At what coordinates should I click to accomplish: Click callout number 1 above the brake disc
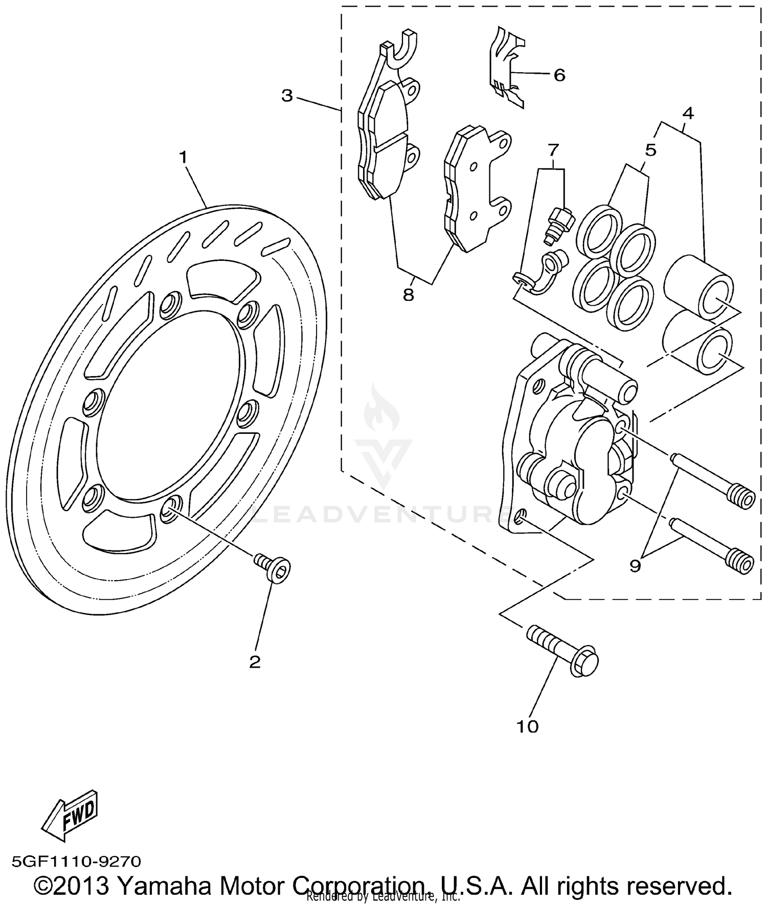183,158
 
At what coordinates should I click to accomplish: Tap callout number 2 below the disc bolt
255,662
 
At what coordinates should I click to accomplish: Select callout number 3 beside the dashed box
287,96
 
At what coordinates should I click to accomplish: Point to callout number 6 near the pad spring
559,76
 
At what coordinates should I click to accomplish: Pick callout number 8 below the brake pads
408,295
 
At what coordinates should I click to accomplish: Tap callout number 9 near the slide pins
635,566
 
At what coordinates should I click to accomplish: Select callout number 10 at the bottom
528,726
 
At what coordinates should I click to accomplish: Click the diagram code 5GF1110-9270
76,862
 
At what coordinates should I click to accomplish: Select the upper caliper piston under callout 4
700,289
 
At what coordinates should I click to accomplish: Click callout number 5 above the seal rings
650,150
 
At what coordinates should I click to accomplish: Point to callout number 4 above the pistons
688,114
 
